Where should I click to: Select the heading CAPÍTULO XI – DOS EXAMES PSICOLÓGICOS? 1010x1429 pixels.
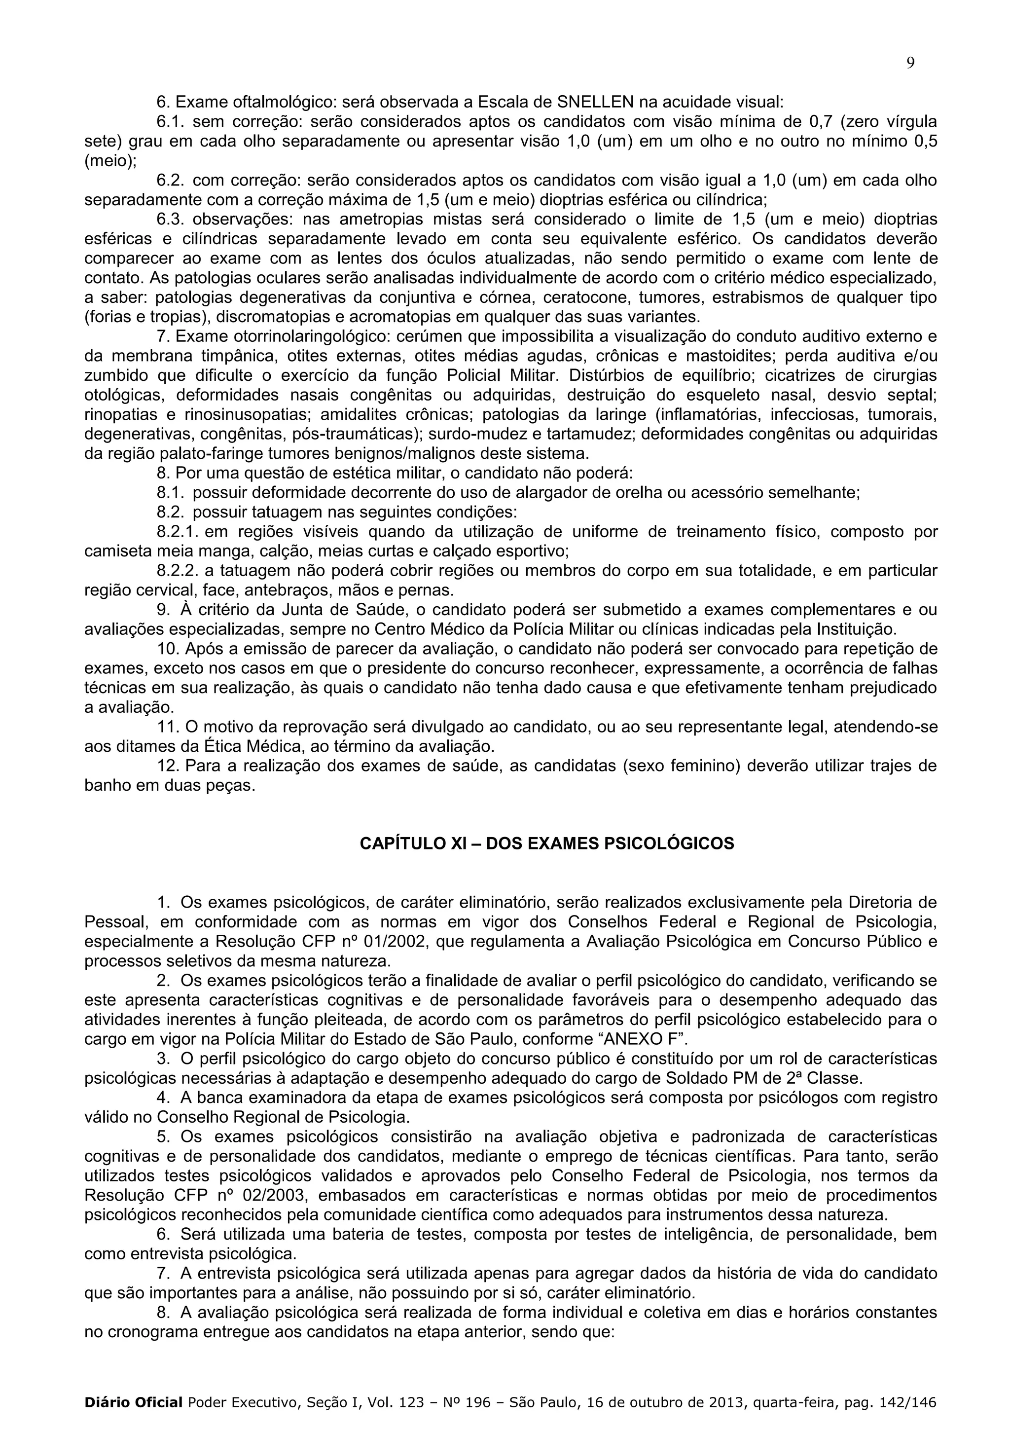[x=547, y=843]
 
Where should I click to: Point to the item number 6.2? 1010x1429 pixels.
[x=171, y=181]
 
